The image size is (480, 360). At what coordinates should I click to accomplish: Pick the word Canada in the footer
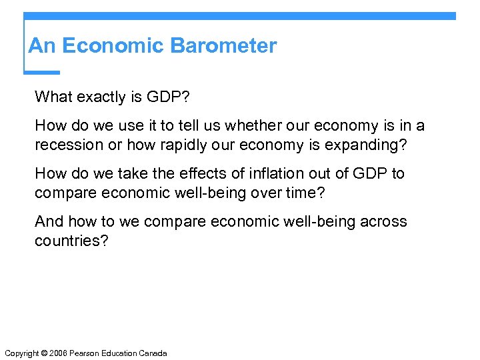[153, 353]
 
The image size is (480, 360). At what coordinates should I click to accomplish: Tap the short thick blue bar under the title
[41, 72]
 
